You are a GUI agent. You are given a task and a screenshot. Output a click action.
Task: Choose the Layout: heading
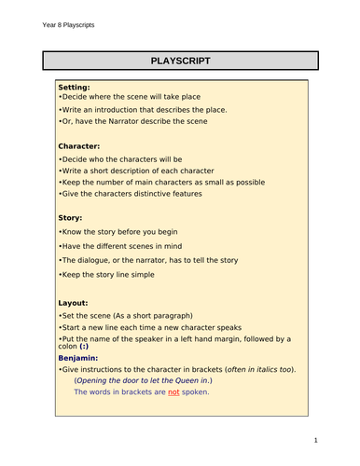click(x=74, y=302)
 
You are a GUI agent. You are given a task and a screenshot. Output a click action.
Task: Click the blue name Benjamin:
click(x=84, y=357)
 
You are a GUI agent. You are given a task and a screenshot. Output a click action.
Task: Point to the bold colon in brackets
click(x=87, y=347)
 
